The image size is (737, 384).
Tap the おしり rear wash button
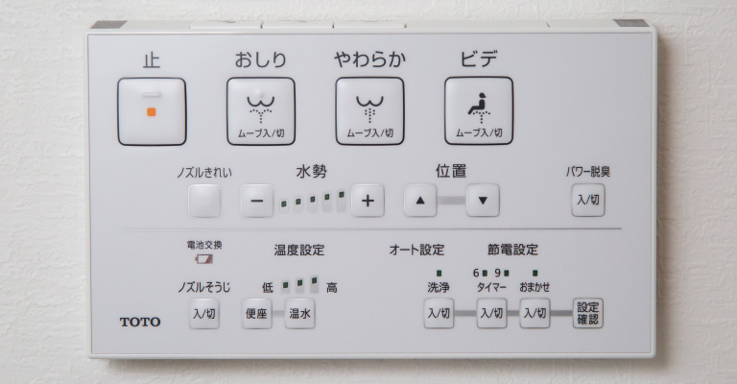point(261,111)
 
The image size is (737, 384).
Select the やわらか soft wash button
point(369,111)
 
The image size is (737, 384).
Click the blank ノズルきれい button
point(204,201)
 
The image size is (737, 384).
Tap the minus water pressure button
point(257,201)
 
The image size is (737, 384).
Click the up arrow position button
point(420,201)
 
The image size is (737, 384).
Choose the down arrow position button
point(483,201)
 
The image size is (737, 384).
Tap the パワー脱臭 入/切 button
point(588,201)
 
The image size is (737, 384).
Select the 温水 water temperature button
point(299,314)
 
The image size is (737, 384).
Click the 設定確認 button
point(587,313)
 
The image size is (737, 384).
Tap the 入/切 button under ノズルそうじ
point(204,314)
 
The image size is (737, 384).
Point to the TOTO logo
point(140,322)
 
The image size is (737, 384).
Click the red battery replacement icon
point(204,259)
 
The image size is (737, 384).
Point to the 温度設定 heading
point(299,250)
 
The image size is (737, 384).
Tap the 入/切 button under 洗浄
point(439,313)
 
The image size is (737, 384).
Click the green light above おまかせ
point(535,273)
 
